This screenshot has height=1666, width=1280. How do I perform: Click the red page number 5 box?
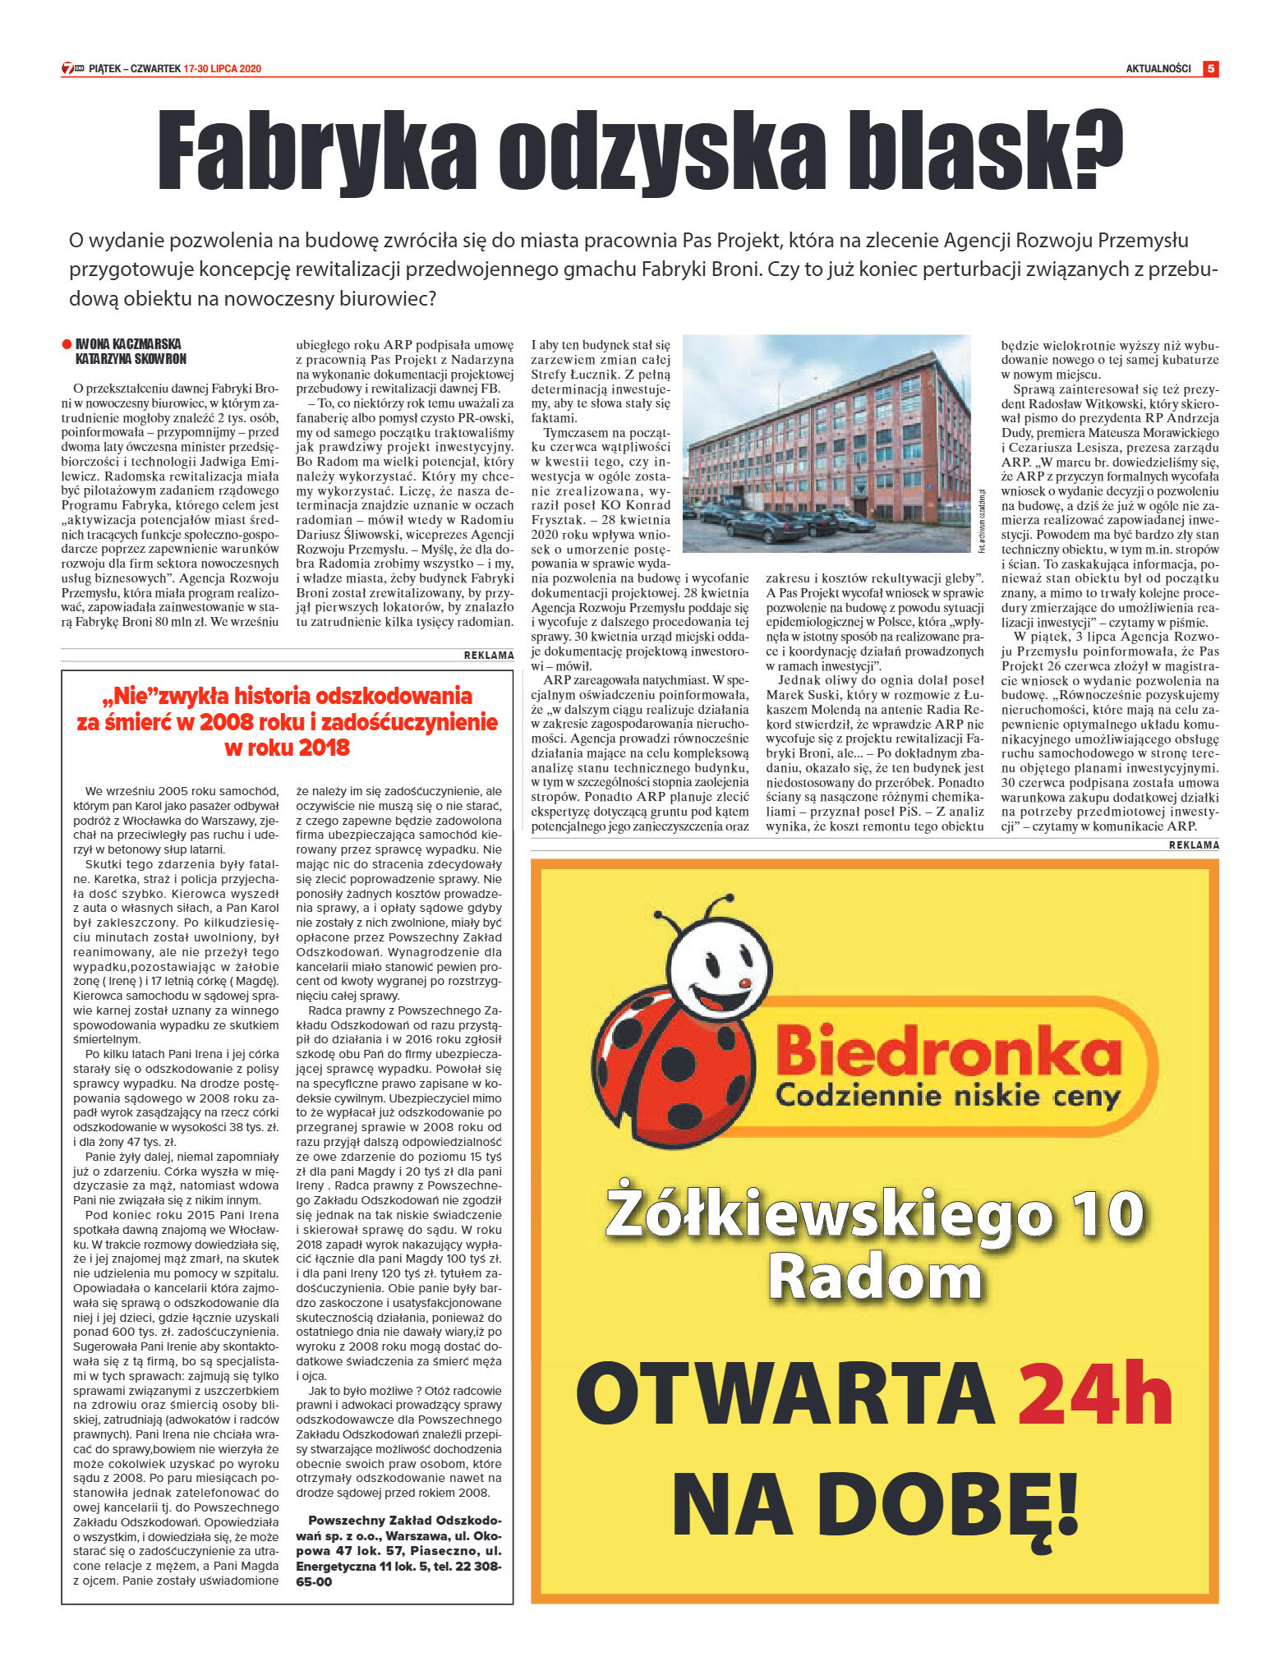[x=1210, y=69]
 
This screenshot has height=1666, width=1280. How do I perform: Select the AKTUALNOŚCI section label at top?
[x=1158, y=69]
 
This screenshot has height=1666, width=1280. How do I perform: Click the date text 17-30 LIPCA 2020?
[x=223, y=69]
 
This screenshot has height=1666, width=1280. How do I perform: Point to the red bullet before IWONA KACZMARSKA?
[x=67, y=344]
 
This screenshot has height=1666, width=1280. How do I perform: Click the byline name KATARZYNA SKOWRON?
[x=131, y=359]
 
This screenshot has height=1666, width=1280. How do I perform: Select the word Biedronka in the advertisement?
[x=948, y=1051]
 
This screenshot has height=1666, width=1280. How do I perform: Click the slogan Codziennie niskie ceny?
[x=948, y=1096]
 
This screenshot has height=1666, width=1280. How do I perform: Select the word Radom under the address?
[x=874, y=1278]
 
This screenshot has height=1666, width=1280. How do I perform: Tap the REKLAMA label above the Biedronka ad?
[x=1194, y=845]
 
